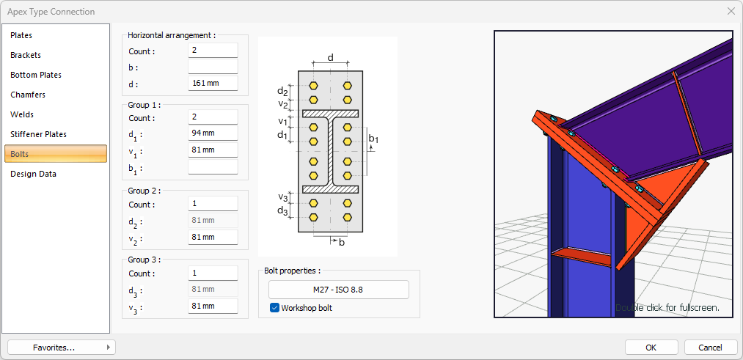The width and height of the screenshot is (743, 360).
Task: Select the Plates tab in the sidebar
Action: coord(22,35)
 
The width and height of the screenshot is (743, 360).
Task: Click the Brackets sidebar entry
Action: coord(26,55)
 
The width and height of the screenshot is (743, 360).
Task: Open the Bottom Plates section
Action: coord(36,75)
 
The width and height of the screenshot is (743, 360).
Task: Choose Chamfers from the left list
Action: coord(28,95)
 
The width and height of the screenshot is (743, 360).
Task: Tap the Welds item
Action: coord(22,114)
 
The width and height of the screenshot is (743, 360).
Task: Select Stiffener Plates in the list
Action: coord(39,134)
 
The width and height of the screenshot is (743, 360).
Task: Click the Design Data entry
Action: coord(34,174)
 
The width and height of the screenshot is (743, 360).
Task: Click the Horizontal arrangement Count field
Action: coord(213,51)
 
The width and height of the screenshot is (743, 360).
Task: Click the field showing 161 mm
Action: coord(213,83)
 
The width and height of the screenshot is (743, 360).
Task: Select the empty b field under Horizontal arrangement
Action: coord(213,67)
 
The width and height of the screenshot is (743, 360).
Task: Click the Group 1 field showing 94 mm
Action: coord(213,133)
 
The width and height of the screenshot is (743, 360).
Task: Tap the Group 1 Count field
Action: coord(213,117)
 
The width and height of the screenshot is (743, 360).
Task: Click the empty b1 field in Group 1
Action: coord(213,167)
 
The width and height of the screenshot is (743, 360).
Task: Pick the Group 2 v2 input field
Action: coord(213,237)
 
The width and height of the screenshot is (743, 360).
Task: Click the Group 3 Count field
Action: coord(213,273)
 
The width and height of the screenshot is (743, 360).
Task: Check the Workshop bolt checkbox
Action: coord(275,308)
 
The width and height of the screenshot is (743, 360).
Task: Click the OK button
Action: coord(651,348)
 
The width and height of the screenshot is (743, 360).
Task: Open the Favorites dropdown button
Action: coord(61,348)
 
